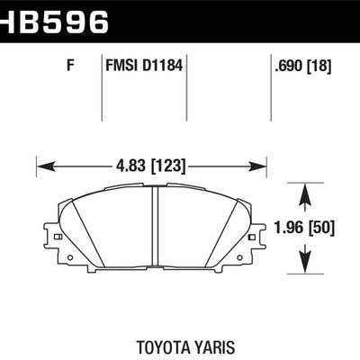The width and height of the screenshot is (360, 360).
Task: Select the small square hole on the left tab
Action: click(57, 236)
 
